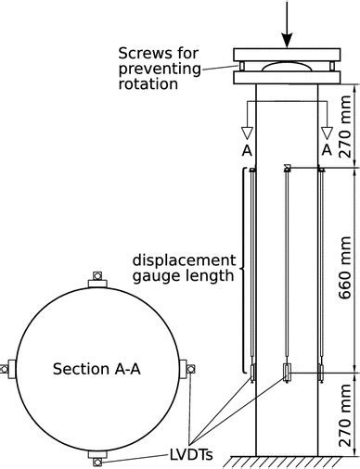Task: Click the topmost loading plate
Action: click(288, 54)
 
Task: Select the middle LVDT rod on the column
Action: click(288, 269)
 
